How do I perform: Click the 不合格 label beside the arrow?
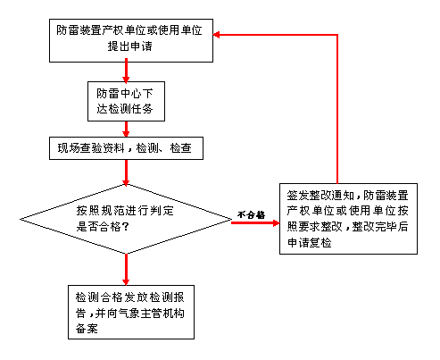pyautogui.click(x=252, y=214)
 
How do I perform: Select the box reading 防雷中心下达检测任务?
pyautogui.click(x=126, y=101)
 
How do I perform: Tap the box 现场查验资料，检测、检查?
pyautogui.click(x=126, y=148)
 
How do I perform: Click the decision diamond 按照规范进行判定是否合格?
pyautogui.click(x=126, y=219)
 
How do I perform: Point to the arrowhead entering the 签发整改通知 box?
pyautogui.click(x=277, y=222)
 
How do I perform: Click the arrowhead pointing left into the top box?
pyautogui.click(x=217, y=35)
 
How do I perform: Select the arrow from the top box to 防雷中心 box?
pyautogui.click(x=126, y=71)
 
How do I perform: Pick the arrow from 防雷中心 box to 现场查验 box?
pyautogui.click(x=126, y=129)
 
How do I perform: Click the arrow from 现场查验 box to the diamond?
pyautogui.click(x=126, y=172)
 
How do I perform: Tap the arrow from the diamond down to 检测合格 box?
pyautogui.click(x=126, y=270)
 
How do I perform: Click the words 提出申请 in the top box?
pyautogui.click(x=129, y=46)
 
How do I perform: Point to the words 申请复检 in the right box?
pyautogui.click(x=309, y=242)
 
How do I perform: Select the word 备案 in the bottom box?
pyautogui.click(x=87, y=329)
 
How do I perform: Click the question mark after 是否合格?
pyautogui.click(x=126, y=227)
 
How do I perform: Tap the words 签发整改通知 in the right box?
pyautogui.click(x=320, y=196)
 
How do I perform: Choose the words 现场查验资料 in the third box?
pyautogui.click(x=91, y=148)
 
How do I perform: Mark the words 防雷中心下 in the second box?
pyautogui.click(x=125, y=94)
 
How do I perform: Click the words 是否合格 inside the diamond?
pyautogui.click(x=99, y=227)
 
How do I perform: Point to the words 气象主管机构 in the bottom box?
pyautogui.click(x=151, y=313)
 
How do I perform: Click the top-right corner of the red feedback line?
pyautogui.click(x=337, y=35)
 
